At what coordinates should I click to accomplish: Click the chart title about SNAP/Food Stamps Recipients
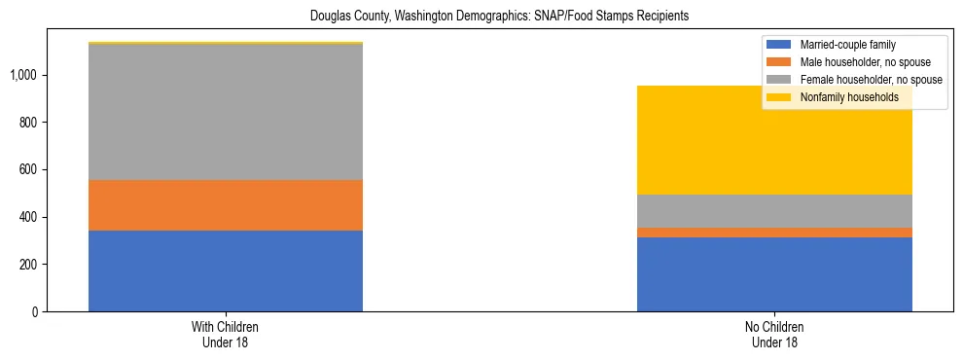500,17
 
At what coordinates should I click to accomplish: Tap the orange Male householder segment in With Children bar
226,205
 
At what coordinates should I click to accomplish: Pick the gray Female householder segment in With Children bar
226,112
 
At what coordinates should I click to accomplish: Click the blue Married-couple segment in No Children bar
774,274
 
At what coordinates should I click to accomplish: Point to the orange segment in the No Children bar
774,233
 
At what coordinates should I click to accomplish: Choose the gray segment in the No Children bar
774,211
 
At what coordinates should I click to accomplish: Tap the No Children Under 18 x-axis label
775,335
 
